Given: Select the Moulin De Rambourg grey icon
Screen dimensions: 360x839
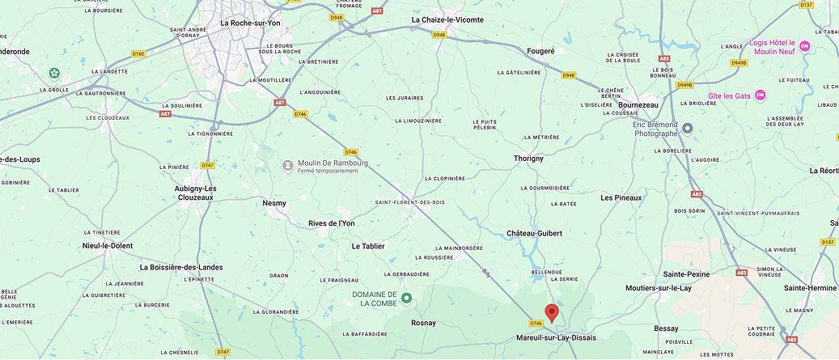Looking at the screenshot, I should [x=287, y=165].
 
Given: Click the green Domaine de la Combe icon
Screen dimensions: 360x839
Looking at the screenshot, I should [x=407, y=298].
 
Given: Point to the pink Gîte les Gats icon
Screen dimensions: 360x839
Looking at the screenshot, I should [x=760, y=95].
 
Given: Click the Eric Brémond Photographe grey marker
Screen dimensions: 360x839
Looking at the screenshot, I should [x=687, y=128].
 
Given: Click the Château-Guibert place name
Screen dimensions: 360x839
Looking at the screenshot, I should [x=534, y=233].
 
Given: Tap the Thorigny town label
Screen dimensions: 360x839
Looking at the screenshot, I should [x=529, y=159].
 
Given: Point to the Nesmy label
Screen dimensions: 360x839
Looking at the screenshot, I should [x=274, y=203].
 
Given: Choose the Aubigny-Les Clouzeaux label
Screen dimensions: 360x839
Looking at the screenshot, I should [x=195, y=193].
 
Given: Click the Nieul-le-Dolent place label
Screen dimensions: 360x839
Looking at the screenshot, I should [x=107, y=245].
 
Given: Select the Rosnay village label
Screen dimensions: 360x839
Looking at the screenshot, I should [x=423, y=323].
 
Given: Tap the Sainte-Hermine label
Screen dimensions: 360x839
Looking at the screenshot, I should [x=810, y=288].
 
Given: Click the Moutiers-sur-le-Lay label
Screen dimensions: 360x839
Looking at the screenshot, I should [x=659, y=288].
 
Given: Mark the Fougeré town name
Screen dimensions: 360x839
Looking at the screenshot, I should [x=540, y=50].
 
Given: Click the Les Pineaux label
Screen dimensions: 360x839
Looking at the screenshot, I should [x=621, y=197].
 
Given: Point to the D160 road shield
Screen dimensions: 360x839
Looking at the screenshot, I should [x=138, y=54].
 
